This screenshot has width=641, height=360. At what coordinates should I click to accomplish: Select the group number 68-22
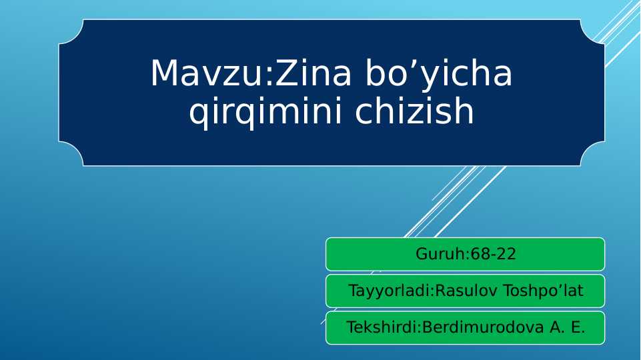tap(493, 254)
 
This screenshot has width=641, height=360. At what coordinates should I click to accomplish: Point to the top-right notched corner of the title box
tap(592, 31)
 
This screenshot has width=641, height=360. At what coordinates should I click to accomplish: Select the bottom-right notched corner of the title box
tap(592, 154)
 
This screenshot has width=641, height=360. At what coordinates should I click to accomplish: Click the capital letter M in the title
tap(164, 73)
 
